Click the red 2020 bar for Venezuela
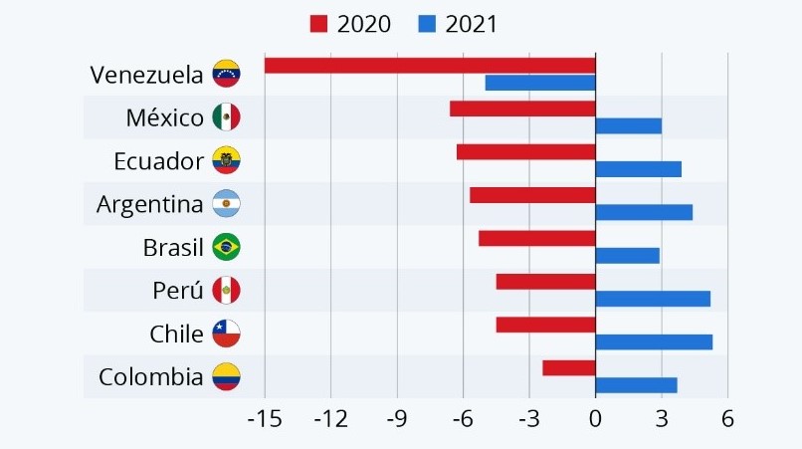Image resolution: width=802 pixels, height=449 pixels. (430, 66)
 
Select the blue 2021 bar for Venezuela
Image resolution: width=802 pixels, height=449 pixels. (540, 83)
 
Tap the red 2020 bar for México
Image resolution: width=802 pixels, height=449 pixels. (522, 109)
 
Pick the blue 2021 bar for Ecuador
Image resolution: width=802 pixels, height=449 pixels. (638, 169)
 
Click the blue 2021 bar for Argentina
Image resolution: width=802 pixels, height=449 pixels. (644, 212)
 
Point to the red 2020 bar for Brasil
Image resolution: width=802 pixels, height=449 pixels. (536, 238)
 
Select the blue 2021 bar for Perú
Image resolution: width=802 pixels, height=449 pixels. (653, 299)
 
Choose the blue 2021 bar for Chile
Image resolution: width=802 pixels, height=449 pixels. (654, 342)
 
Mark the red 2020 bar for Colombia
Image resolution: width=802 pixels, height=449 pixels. (568, 368)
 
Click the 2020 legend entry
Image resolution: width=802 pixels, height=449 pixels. (350, 22)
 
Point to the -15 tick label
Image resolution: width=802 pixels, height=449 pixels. (264, 419)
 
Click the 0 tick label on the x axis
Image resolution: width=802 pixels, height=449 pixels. (595, 419)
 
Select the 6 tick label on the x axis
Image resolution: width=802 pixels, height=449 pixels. (727, 419)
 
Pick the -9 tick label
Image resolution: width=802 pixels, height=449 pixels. (396, 419)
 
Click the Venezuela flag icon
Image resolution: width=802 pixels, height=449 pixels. (226, 74)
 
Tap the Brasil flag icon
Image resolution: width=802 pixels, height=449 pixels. (226, 247)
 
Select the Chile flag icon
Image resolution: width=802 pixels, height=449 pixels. (226, 334)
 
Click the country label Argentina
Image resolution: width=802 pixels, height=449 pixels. (149, 204)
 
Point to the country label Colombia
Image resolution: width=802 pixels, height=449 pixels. (150, 377)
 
